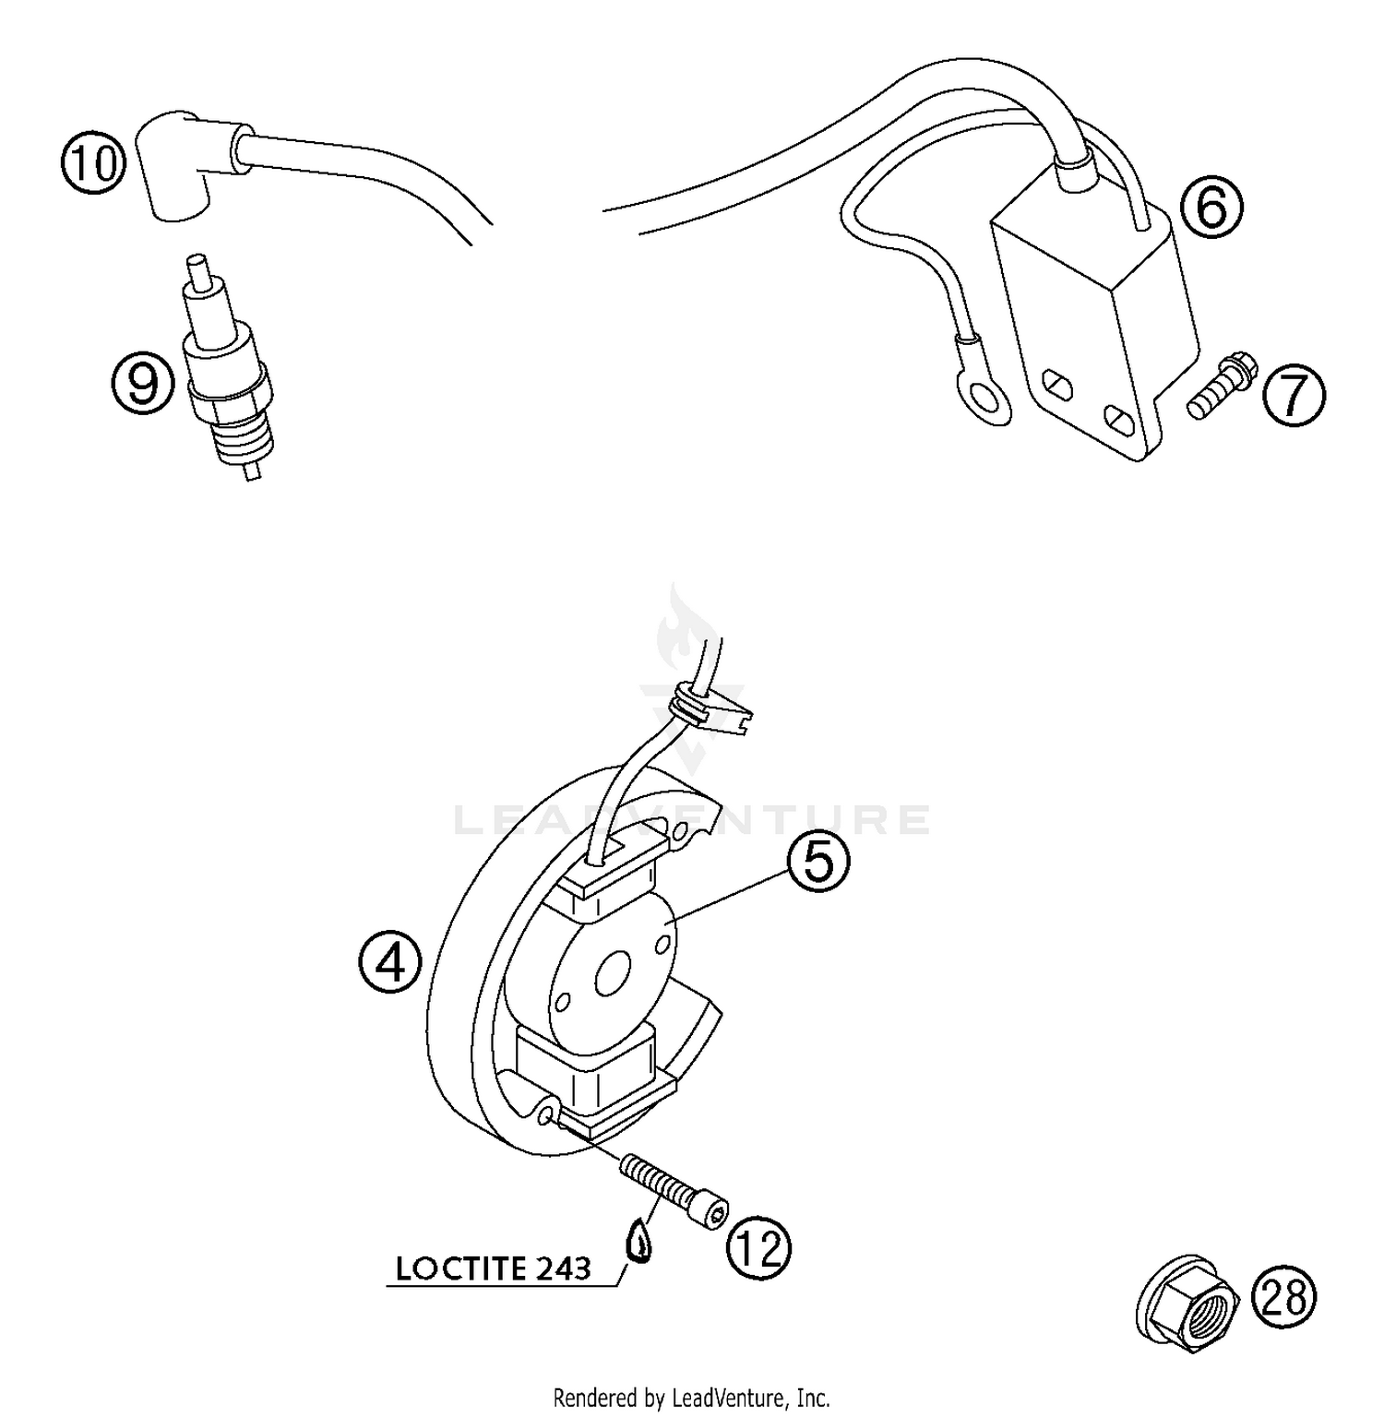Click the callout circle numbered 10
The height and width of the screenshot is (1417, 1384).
[x=93, y=164]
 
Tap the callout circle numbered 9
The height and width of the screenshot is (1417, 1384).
[x=143, y=383]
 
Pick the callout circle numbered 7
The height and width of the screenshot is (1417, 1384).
[x=1293, y=396]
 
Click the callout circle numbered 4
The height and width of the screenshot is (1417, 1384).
[x=391, y=963]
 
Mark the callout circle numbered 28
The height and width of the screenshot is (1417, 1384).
[x=1284, y=1297]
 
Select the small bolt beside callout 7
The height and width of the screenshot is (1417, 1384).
[x=1220, y=387]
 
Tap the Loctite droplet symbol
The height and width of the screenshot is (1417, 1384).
[x=638, y=1242]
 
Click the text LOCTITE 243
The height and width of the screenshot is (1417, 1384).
[x=493, y=1268]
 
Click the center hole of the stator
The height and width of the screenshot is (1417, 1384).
[x=612, y=975]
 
